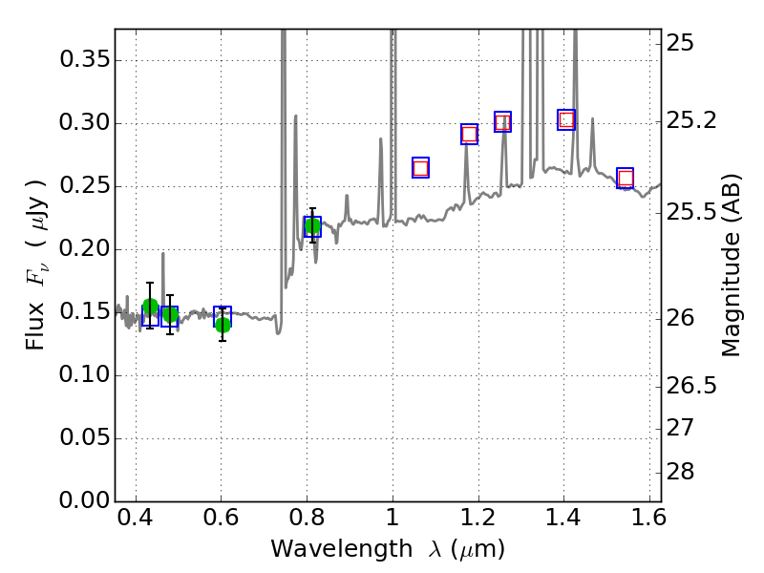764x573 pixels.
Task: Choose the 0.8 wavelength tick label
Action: (307, 521)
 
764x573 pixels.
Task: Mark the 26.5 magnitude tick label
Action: (690, 386)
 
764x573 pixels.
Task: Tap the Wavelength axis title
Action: (387, 549)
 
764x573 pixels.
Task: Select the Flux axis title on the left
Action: (35, 250)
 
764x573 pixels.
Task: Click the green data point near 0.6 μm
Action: (223, 325)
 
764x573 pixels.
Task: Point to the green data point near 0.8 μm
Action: (312, 226)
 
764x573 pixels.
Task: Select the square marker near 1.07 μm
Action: (420, 168)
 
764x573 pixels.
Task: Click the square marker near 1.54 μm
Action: (626, 178)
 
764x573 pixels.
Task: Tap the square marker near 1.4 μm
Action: (566, 119)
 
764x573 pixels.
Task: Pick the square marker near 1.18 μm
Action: (469, 134)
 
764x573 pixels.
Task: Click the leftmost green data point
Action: (150, 307)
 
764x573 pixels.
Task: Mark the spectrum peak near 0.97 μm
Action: (380, 139)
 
